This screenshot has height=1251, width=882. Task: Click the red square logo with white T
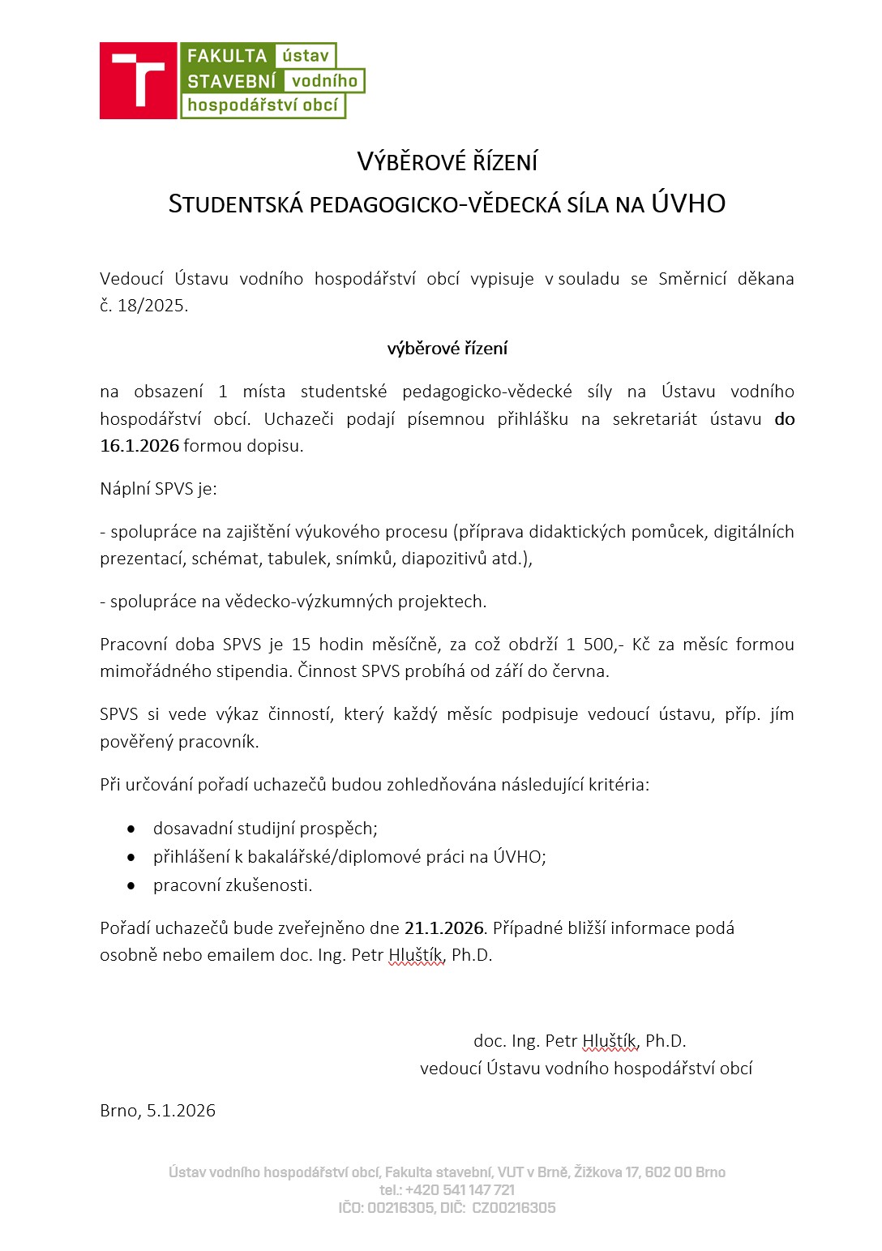[x=138, y=80]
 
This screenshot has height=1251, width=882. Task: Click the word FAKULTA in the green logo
[x=227, y=56]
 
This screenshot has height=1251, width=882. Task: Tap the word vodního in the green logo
[x=324, y=81]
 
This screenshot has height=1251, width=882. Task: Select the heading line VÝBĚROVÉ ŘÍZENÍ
[x=447, y=162]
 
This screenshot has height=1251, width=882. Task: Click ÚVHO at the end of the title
[x=688, y=204]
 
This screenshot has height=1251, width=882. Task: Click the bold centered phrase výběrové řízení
[x=447, y=349]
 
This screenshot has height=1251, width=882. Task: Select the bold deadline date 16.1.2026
[x=139, y=446]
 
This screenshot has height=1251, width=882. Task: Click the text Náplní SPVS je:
[x=158, y=489]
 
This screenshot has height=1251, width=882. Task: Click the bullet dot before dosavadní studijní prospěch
[x=131, y=829]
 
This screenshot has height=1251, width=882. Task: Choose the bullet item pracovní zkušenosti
[x=233, y=885]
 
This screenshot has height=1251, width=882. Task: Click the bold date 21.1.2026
[x=444, y=928]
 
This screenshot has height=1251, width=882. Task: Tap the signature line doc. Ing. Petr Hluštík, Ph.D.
[x=580, y=1041]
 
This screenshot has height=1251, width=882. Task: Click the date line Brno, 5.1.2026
[x=158, y=1111]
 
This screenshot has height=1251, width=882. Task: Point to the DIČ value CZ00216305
[x=513, y=1208]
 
